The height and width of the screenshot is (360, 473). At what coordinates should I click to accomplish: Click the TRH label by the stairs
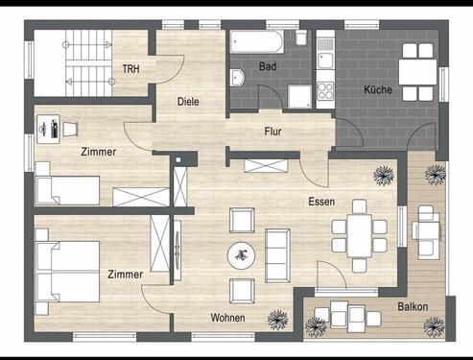pos(130,69)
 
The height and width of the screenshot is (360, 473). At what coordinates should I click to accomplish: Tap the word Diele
pos(188,102)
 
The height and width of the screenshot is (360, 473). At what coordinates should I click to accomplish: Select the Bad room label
pos(268,66)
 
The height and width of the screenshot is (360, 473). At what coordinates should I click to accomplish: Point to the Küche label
pos(378,89)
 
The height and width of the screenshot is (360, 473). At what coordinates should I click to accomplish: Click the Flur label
pos(272,132)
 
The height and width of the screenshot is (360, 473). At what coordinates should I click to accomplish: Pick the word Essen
pos(321,202)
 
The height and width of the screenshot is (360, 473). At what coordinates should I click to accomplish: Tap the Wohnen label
pos(227,318)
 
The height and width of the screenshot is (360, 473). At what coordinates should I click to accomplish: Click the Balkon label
pos(413,306)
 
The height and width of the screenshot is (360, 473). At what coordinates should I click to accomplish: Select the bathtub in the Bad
pos(256,41)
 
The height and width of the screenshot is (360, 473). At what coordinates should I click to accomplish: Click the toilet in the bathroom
pos(301,37)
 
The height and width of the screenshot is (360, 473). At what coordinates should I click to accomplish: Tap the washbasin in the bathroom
pos(237,78)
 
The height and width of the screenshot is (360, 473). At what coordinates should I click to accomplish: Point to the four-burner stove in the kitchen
pos(325,91)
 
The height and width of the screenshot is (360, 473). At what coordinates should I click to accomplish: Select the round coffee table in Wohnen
pos(242,255)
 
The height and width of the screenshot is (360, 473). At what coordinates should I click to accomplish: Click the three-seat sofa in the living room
pos(277,255)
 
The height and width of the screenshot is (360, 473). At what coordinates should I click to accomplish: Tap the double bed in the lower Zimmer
pos(67,272)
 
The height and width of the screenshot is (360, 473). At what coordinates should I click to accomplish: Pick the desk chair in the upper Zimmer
pos(70,129)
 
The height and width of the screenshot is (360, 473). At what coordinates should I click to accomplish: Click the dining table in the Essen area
pos(359,236)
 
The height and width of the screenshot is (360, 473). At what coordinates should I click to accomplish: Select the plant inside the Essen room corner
pos(384,176)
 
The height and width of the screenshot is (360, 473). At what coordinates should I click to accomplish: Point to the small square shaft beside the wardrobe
pos(178,159)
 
